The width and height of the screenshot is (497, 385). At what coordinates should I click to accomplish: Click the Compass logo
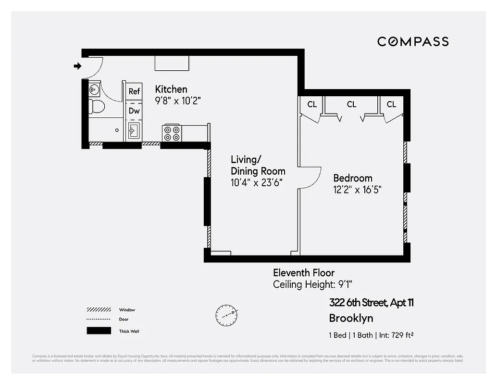click(x=413, y=42)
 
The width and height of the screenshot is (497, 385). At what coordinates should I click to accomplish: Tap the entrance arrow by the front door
click(x=77, y=66)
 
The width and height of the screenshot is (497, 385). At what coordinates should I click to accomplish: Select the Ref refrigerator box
click(x=134, y=91)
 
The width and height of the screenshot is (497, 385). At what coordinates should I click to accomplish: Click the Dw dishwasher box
click(x=134, y=111)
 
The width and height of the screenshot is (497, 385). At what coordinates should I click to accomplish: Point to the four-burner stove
click(x=172, y=132)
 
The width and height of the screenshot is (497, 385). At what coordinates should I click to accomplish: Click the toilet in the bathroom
click(x=96, y=106)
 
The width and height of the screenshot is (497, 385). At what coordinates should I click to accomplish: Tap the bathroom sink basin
click(x=94, y=89)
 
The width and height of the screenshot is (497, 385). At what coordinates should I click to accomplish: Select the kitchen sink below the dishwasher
click(x=134, y=130)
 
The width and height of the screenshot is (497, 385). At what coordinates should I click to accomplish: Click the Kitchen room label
click(x=171, y=90)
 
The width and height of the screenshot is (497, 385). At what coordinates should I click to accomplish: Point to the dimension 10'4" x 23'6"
click(x=256, y=182)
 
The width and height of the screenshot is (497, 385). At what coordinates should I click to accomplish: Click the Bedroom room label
click(x=353, y=178)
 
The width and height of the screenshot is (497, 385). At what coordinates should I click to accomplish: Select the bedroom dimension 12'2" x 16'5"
click(x=360, y=190)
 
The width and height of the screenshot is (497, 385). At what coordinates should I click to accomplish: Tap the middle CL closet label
click(x=351, y=104)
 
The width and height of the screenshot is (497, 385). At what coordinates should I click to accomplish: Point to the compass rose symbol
click(x=226, y=314)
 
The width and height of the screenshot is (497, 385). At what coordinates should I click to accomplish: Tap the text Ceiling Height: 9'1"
click(x=315, y=284)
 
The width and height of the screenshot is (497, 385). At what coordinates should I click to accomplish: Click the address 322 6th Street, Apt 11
click(x=371, y=303)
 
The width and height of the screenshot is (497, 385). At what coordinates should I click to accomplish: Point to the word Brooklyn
click(x=351, y=318)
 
